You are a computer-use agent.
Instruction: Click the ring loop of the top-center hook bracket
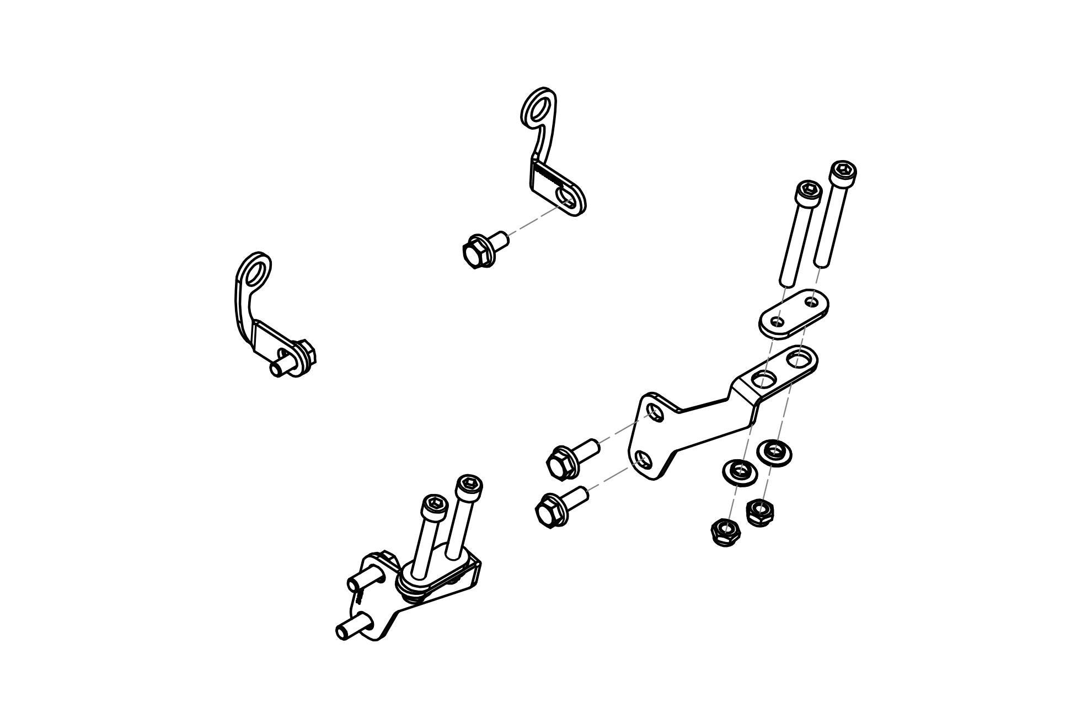click(538, 107)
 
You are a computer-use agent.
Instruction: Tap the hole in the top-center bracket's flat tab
click(564, 196)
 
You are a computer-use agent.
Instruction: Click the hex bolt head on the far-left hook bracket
click(304, 356)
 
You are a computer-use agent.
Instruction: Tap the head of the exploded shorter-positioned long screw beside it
click(809, 192)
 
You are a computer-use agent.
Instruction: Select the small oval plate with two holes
click(794, 312)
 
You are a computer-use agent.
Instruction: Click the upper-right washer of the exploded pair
click(774, 451)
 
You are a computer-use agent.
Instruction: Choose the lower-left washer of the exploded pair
click(740, 472)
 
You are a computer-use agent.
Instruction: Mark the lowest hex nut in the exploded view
click(725, 532)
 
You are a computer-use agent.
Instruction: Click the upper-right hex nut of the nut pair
click(759, 511)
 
